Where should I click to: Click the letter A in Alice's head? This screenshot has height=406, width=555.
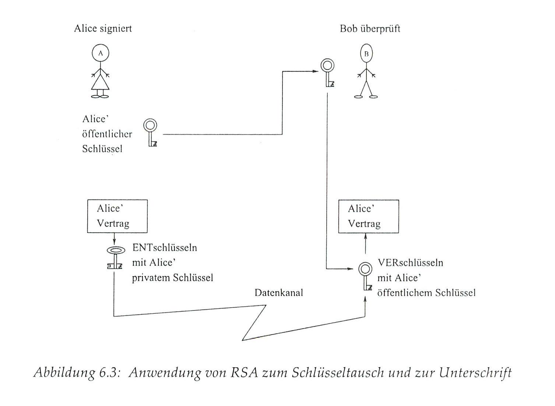101,53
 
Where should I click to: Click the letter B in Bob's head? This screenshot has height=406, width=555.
366,54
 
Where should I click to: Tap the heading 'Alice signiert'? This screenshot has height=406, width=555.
103,28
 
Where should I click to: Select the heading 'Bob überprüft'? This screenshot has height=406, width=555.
370,29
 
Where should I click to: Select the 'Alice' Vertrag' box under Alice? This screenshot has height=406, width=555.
117,216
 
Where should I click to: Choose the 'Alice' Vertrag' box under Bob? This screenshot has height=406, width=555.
368,216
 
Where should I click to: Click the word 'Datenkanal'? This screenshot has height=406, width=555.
278,293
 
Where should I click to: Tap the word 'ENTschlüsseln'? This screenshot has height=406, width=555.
164,247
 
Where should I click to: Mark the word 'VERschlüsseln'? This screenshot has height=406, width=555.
410,263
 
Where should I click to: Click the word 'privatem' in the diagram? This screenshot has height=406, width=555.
151,278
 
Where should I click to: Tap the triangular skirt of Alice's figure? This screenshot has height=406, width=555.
100,82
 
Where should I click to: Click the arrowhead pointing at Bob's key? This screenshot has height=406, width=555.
315,71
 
